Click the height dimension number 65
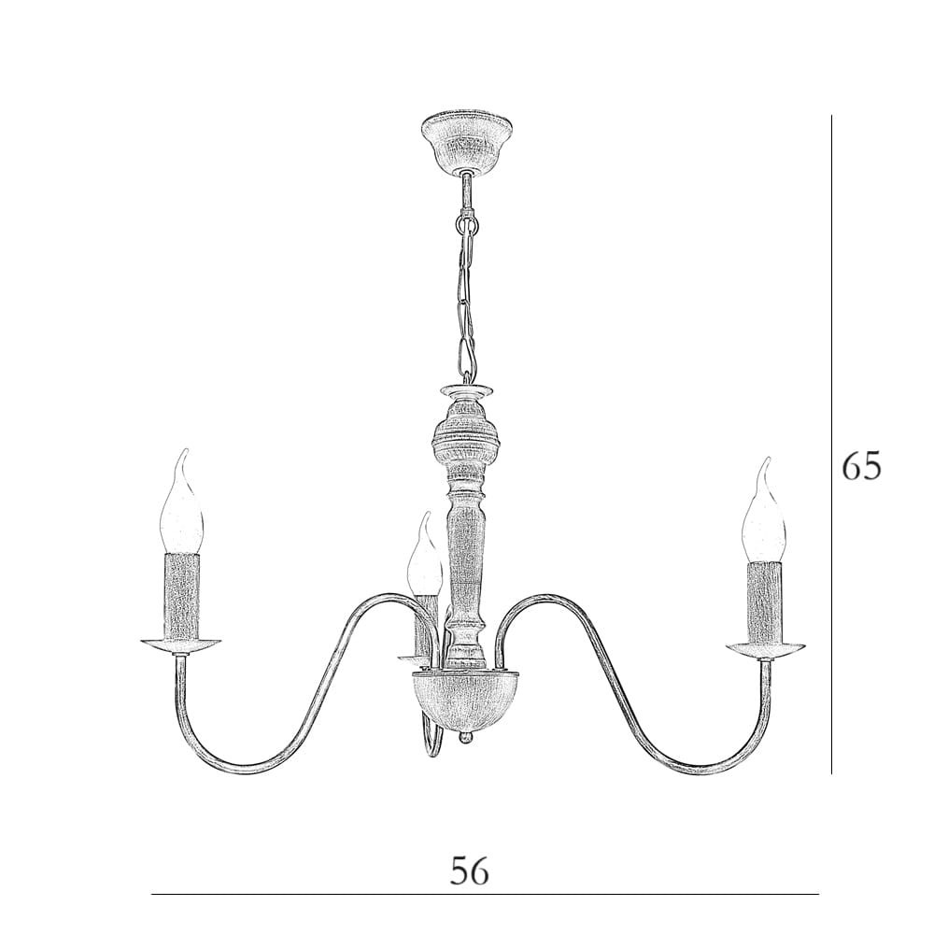point(861,467)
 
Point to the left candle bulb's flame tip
point(186,451)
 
